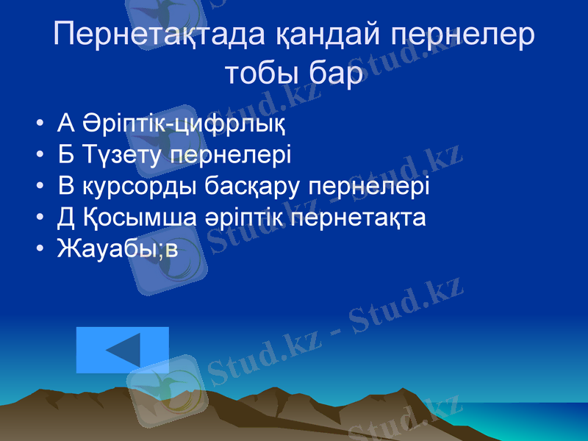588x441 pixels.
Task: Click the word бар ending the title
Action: [336, 74]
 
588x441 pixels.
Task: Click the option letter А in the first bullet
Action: [65, 123]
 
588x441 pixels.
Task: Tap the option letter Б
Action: [65, 155]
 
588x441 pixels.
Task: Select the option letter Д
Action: [66, 218]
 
